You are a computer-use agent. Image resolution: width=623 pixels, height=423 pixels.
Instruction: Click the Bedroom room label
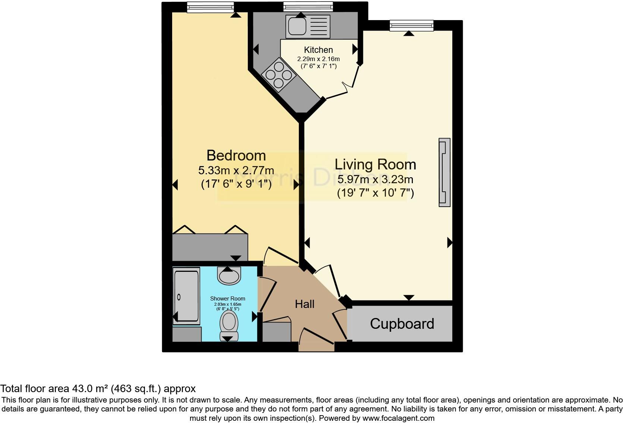pyautogui.click(x=236, y=155)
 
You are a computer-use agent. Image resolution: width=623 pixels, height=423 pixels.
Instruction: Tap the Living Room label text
pyautogui.click(x=375, y=164)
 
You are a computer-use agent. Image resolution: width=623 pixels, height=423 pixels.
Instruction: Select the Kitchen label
pyautogui.click(x=318, y=50)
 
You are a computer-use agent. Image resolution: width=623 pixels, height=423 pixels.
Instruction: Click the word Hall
pyautogui.click(x=304, y=304)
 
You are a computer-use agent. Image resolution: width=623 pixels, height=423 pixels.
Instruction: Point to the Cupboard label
pyautogui.click(x=402, y=324)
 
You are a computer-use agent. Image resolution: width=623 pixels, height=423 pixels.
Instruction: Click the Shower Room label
pyautogui.click(x=227, y=299)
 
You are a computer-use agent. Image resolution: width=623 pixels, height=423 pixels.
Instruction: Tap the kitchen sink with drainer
pyautogui.click(x=308, y=26)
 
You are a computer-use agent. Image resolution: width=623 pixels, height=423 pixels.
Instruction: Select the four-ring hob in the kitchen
pyautogui.click(x=279, y=75)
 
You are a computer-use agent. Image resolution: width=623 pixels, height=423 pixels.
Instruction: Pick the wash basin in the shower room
pyautogui.click(x=228, y=276)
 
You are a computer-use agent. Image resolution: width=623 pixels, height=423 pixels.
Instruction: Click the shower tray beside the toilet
pyautogui.click(x=186, y=297)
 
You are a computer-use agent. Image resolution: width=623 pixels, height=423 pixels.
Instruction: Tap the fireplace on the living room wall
pyautogui.click(x=445, y=172)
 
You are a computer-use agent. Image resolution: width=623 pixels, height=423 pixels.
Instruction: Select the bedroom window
pyautogui.click(x=210, y=7)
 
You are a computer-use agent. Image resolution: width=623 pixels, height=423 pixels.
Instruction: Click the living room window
pyautogui.click(x=412, y=25)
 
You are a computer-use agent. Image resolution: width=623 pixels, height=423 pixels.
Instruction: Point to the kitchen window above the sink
pyautogui.click(x=308, y=7)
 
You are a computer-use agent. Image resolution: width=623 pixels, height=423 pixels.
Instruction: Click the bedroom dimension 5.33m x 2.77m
pyautogui.click(x=236, y=171)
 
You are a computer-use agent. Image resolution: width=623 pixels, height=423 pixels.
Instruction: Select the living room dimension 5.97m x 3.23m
pyautogui.click(x=375, y=179)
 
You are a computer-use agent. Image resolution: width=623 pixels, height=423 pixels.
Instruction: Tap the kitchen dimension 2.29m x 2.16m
pyautogui.click(x=318, y=59)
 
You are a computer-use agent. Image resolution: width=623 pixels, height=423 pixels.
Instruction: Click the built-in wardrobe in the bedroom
pyautogui.click(x=210, y=247)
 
